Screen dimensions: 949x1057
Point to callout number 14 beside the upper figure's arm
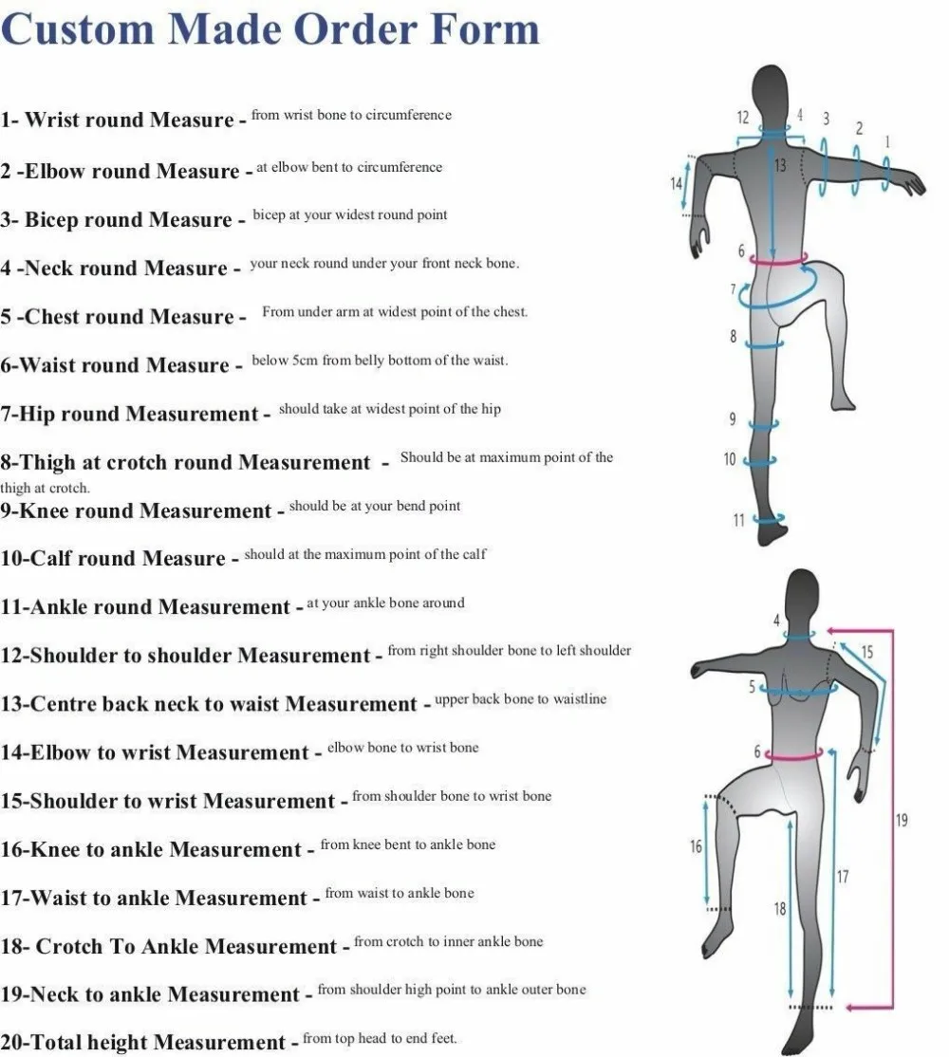coord(677,183)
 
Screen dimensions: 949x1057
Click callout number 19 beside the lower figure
coord(902,820)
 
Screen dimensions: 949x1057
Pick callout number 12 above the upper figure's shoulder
coord(743,118)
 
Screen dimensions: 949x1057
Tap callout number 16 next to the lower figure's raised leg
coord(696,846)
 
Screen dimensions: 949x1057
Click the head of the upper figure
coord(772,90)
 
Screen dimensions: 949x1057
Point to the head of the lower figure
coord(803,593)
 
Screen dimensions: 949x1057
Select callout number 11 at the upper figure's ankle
coord(738,520)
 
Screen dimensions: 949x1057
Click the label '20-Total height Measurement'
coord(142,1043)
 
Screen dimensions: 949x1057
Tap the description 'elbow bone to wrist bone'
coord(403,748)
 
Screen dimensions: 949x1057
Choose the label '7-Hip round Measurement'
coord(129,414)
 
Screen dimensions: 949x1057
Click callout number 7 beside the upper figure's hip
coord(734,288)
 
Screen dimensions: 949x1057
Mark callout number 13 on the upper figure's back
coord(781,165)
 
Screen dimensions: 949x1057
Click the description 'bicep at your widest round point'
coord(350,215)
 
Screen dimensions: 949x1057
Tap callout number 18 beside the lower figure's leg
coord(780,909)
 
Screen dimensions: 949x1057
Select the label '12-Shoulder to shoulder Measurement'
coord(185,656)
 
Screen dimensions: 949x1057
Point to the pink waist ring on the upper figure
coord(778,257)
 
